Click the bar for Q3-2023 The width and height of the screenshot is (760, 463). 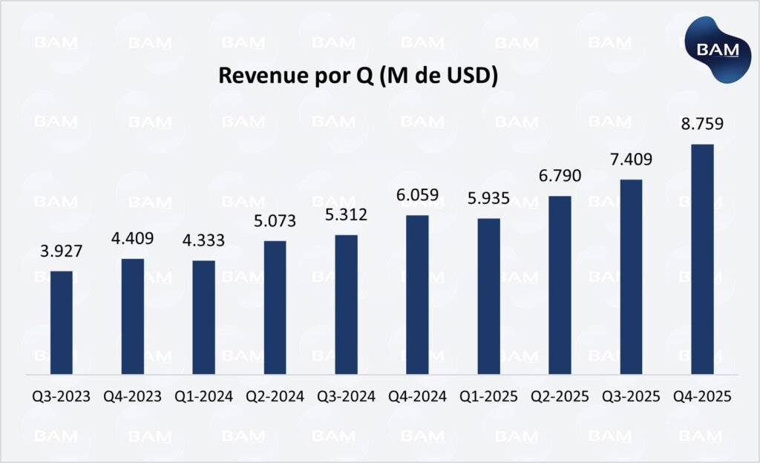point(62,323)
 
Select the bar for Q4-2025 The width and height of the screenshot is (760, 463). point(702,259)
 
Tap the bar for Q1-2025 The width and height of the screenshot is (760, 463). point(488,296)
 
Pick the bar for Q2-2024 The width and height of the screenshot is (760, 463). point(275,307)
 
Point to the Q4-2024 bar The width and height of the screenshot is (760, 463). point(417,295)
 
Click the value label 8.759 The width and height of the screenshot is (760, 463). point(702,124)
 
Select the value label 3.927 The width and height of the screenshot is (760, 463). point(62,252)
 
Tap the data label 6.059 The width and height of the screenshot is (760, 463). point(417,196)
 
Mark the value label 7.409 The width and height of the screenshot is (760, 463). point(631,160)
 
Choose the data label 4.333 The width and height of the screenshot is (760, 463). point(203,241)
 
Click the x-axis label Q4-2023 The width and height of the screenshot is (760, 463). point(132,396)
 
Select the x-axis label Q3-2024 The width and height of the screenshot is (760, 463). point(346,396)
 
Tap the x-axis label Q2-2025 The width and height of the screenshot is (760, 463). point(560,396)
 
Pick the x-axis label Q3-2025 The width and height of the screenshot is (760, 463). point(631,396)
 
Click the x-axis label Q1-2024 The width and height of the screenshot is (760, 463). point(203,396)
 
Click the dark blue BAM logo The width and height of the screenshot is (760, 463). point(713,50)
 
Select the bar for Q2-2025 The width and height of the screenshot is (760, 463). point(560,285)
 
